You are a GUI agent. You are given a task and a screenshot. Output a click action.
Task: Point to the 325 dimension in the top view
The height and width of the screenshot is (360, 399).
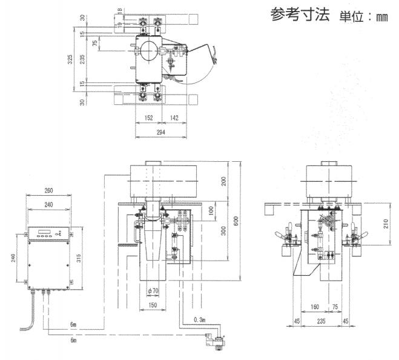click(70, 59)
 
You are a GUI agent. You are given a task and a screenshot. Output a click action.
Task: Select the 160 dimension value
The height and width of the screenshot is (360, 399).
click(315, 307)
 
